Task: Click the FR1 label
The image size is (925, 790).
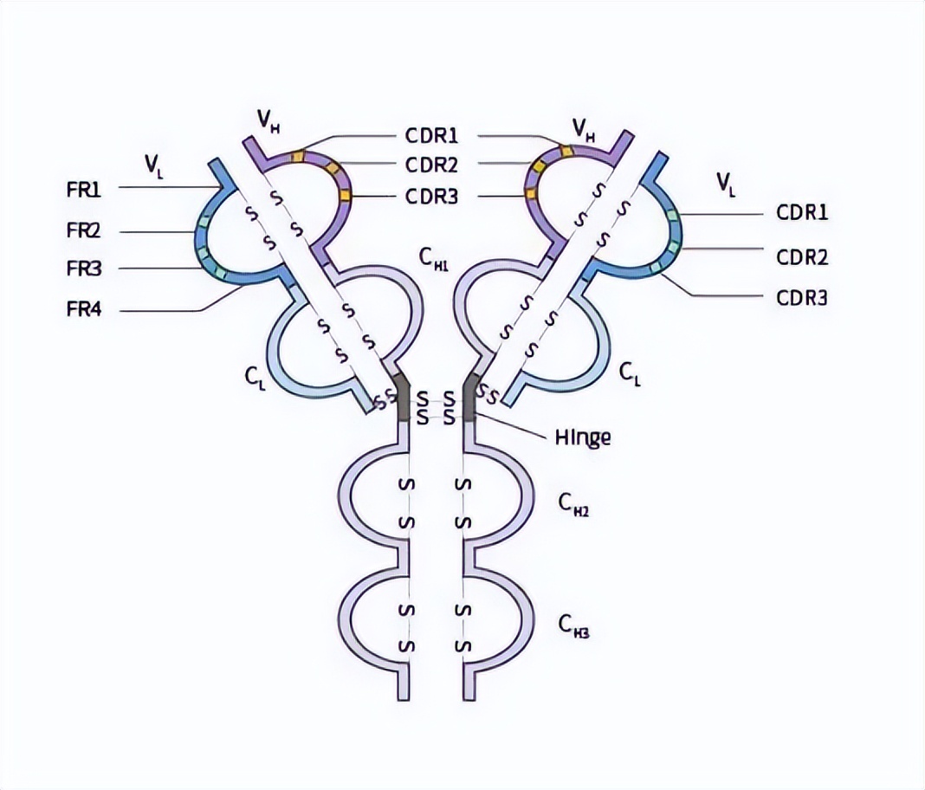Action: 84,190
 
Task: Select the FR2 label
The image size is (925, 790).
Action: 84,232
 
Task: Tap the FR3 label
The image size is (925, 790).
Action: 84,269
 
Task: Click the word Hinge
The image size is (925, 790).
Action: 582,437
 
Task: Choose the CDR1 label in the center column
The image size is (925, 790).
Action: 431,136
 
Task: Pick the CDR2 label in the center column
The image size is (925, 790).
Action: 431,165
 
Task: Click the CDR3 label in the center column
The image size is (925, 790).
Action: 431,196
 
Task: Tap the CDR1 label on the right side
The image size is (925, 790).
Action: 802,213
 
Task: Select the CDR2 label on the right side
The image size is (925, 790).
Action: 802,257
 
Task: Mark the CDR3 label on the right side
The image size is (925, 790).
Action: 802,298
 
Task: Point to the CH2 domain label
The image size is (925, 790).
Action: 573,505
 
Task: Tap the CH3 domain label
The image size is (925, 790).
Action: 573,625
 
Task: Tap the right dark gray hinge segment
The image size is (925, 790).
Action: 469,397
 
